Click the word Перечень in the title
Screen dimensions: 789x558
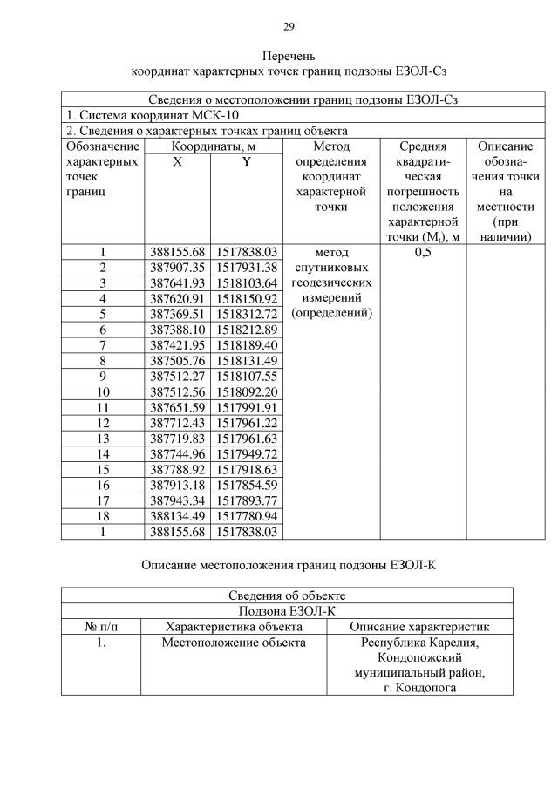pos(289,55)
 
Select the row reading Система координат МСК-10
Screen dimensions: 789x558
pos(153,115)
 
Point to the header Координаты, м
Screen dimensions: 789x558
pos(213,146)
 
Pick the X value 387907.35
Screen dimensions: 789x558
pos(177,268)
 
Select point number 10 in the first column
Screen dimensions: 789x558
pos(103,391)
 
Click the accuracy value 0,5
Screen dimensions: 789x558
pos(423,252)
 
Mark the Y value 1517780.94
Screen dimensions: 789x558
pos(247,516)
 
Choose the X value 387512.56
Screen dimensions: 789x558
pos(177,391)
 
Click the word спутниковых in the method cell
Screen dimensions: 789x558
pos(330,268)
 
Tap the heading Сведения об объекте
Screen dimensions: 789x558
pos(287,595)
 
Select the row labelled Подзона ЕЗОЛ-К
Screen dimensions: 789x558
pos(287,611)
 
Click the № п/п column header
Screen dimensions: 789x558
pos(101,627)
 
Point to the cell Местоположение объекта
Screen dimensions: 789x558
pos(234,643)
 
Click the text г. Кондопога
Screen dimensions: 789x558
pos(419,688)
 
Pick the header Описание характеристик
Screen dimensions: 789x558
pos(419,627)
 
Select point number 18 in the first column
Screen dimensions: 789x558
pos(103,516)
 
